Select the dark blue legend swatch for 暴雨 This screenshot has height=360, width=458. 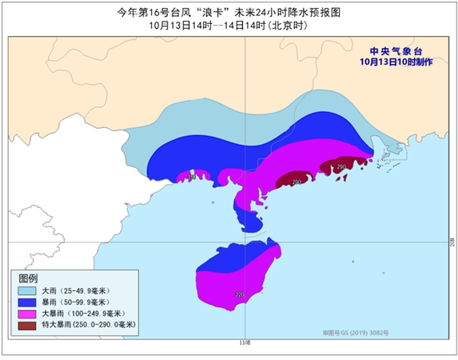(x=29, y=304)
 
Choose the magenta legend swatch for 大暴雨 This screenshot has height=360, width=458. (x=29, y=315)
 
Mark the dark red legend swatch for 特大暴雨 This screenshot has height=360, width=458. (x=29, y=326)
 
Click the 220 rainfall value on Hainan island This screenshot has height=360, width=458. (x=239, y=295)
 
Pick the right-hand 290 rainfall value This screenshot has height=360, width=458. (x=341, y=167)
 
